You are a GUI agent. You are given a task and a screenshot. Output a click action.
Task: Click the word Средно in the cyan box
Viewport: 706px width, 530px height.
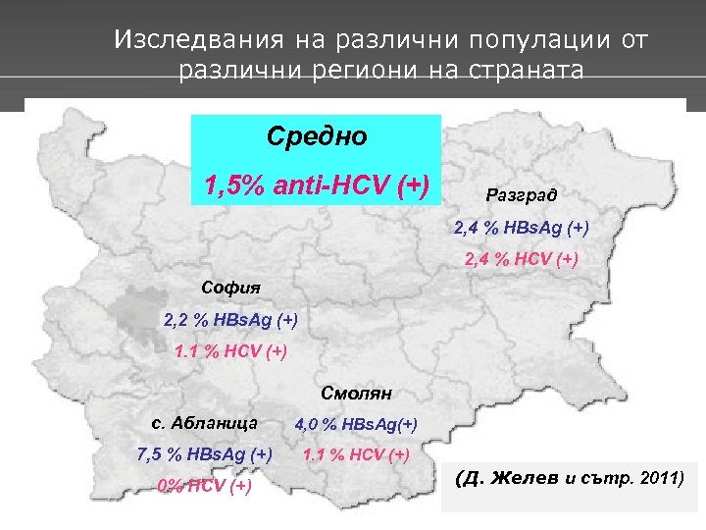[316, 136]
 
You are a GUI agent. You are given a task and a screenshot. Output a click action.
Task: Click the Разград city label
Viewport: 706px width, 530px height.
[521, 194]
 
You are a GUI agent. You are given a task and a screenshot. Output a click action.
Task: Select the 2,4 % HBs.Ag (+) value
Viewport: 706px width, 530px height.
[521, 228]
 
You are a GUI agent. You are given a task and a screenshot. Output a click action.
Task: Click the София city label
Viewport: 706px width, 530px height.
[231, 288]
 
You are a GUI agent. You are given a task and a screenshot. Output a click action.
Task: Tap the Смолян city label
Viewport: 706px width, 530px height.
[357, 394]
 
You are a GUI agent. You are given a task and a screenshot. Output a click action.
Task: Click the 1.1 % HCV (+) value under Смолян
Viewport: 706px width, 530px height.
[357, 453]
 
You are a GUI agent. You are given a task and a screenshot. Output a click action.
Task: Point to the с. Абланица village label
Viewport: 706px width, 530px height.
[205, 423]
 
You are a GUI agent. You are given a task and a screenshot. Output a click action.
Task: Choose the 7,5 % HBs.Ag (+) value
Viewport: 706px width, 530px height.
[205, 453]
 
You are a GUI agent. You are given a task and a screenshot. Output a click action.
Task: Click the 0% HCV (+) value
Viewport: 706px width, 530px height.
[205, 485]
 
